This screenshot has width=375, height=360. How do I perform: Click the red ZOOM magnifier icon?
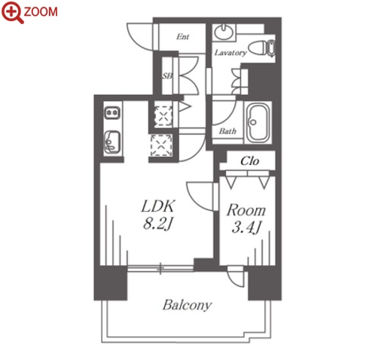point(12,12)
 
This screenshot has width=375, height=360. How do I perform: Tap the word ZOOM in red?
point(41,12)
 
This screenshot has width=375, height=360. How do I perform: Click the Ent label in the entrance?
point(182,37)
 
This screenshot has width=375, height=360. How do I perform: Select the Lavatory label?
point(230,53)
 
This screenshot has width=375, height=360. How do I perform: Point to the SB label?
point(167,75)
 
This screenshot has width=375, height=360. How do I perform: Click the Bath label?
point(227,131)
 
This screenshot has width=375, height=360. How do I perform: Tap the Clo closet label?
point(249,161)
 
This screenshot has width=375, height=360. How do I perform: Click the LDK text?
point(158,206)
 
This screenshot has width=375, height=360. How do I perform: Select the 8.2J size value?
point(158,223)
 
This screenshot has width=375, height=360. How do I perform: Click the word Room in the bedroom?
point(246,210)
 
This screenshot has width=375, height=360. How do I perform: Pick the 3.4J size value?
point(246,227)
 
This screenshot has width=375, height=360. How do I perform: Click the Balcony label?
point(187,305)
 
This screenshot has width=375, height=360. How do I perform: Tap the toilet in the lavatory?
point(262,47)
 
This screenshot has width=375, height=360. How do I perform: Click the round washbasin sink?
point(224,32)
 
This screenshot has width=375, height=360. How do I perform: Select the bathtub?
point(258,123)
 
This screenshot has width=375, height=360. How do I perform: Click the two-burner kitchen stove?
point(112,113)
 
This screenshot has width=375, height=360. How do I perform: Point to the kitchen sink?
point(112,142)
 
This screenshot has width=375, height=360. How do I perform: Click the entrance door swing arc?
point(139,37)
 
